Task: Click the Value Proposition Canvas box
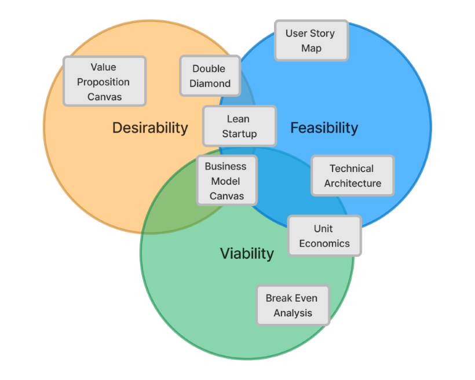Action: click(x=104, y=81)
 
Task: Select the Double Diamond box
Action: click(x=210, y=76)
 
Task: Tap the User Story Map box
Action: click(x=311, y=41)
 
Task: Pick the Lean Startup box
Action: click(x=239, y=126)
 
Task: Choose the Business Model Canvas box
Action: click(x=225, y=181)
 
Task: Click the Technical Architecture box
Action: click(x=352, y=176)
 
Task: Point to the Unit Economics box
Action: click(x=324, y=236)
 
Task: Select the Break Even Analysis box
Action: click(x=293, y=305)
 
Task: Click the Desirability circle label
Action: click(x=150, y=127)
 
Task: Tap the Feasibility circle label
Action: click(x=324, y=127)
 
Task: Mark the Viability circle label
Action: click(x=247, y=253)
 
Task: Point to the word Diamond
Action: click(x=210, y=83)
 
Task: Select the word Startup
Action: click(x=239, y=134)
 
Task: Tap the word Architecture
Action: click(x=353, y=184)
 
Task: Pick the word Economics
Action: click(x=324, y=243)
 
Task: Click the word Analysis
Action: click(x=293, y=313)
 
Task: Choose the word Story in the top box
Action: click(x=323, y=33)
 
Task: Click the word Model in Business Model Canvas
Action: click(x=225, y=181)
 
